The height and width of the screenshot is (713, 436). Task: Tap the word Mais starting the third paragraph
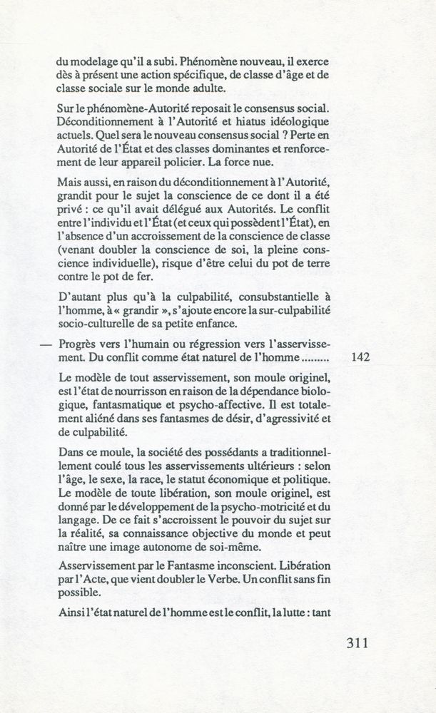point(71,183)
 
